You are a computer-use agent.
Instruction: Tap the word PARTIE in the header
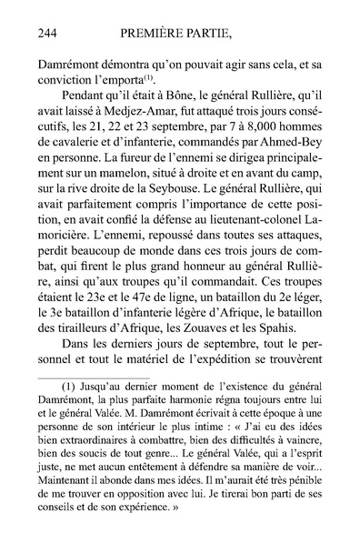218,35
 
